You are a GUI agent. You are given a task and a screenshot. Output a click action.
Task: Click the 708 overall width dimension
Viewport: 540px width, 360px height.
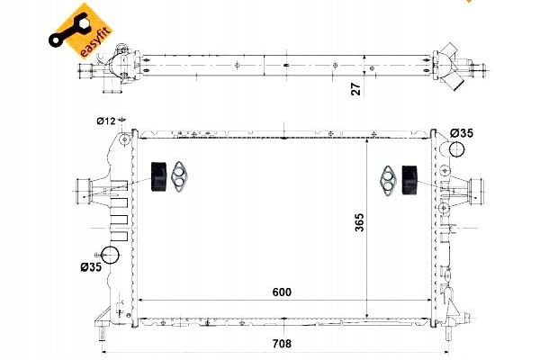tap(282, 344)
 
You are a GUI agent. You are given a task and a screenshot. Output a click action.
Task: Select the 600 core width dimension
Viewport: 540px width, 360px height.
tap(282, 292)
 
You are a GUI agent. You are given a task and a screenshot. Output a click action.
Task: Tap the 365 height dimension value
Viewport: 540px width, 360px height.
tap(359, 222)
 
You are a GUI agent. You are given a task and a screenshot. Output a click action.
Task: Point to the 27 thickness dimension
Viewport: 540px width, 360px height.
tap(356, 89)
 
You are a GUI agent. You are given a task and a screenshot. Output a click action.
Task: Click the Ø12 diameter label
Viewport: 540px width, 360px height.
tap(106, 121)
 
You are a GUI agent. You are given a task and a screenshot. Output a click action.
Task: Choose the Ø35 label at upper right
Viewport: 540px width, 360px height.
tap(462, 133)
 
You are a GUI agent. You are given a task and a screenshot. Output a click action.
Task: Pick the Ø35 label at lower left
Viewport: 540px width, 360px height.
tap(91, 266)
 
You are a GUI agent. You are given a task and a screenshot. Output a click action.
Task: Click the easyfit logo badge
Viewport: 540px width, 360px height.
tap(81, 31)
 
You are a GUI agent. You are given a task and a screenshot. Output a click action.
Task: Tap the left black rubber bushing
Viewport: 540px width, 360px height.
tap(159, 175)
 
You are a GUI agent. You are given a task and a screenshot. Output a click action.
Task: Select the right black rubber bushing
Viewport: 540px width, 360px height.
tap(409, 180)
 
